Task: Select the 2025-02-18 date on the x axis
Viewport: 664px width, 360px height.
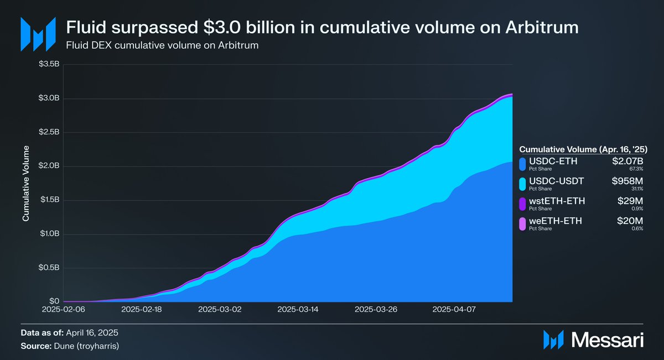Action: point(141,311)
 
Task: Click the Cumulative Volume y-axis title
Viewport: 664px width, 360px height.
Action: point(25,184)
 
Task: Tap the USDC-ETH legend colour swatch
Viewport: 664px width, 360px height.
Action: point(522,164)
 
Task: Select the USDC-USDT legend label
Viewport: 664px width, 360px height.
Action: point(554,181)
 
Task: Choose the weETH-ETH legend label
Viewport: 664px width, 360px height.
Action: point(554,221)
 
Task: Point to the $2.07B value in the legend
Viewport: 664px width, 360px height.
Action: point(629,161)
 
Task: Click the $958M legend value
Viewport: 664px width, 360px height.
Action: point(629,181)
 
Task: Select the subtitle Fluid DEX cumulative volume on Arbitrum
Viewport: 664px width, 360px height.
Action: point(163,45)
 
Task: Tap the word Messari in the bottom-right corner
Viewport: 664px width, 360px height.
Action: point(606,339)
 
